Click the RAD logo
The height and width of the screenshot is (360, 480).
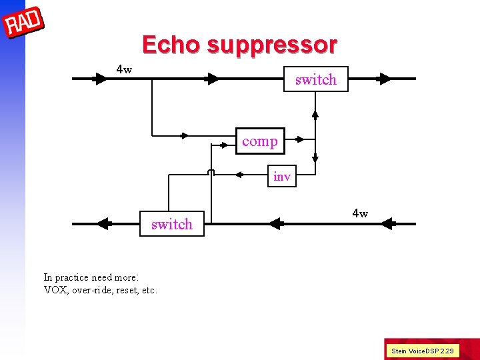point(23,23)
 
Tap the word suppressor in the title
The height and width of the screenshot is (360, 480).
point(272,45)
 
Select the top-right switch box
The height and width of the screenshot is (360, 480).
point(315,79)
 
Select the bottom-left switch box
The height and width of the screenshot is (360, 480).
point(172,224)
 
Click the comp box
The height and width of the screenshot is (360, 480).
point(260,141)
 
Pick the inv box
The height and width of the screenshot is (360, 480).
point(282,177)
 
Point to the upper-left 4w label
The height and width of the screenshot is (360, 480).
point(124,69)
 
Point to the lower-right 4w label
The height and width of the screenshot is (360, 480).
point(360,213)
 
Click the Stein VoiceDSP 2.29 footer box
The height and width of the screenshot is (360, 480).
point(423,351)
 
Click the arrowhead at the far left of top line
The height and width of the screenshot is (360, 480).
point(100,79)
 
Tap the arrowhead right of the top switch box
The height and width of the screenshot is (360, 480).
point(384,79)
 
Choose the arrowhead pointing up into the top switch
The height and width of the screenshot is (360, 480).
point(315,113)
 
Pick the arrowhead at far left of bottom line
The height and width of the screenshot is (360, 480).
point(102,224)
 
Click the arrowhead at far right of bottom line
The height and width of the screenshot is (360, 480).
point(387,224)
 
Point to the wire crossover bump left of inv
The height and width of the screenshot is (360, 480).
point(211,173)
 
